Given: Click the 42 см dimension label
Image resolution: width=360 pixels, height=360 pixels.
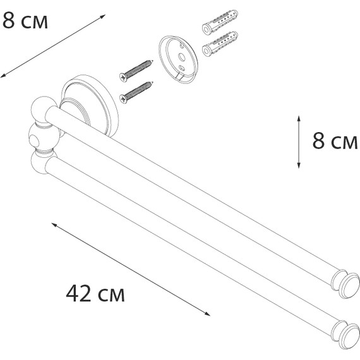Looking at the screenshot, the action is (95, 294).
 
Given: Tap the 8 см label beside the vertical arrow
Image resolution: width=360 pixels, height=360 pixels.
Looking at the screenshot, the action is (335, 141).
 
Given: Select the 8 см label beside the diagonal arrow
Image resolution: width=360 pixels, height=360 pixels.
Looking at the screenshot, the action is (25, 20).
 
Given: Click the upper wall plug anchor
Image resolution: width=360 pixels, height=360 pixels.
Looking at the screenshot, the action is (220, 22).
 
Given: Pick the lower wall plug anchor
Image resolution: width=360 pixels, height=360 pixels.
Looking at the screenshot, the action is (220, 44).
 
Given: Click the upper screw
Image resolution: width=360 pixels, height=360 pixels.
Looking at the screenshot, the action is (136, 71).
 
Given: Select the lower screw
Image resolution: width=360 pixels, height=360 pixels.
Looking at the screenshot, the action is (136, 92).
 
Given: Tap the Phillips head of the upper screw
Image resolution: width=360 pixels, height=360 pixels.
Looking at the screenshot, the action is (123, 77).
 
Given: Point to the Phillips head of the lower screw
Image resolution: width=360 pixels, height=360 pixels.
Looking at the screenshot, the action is (123, 99).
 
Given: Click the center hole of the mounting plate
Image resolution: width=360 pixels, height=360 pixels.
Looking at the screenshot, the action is (182, 57).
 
